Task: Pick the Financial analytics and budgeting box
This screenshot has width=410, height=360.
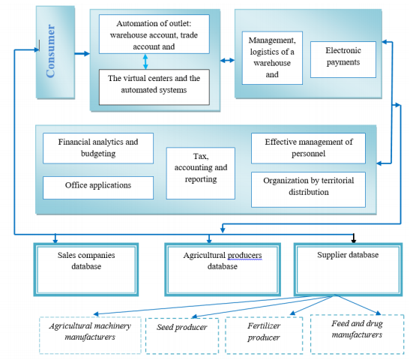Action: tap(98, 148)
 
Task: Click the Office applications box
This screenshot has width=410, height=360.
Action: tap(98, 186)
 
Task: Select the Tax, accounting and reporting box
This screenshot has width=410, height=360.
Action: tap(200, 169)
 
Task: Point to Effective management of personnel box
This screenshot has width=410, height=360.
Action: tap(307, 148)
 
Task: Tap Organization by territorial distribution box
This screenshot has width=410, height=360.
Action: tap(307, 187)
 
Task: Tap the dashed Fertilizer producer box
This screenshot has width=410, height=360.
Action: tap(263, 333)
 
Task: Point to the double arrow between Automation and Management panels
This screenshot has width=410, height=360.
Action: tap(226, 59)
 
